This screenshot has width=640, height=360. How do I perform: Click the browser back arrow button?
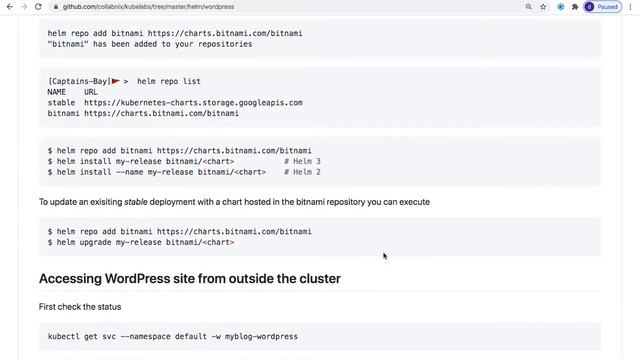pos(8,6)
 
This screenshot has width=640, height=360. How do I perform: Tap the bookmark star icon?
pos(542,6)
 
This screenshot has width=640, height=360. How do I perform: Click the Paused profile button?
pos(603,6)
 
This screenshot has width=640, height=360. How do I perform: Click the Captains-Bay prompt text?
pos(78,81)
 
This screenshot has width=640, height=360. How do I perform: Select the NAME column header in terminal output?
pos(56,92)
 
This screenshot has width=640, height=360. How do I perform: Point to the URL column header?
pos(91,92)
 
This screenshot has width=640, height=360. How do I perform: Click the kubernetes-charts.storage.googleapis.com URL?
pos(193,102)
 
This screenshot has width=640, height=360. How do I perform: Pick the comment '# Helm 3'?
pos(302,161)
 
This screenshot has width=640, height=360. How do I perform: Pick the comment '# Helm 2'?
pos(302,172)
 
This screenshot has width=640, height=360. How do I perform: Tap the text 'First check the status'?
pos(80,306)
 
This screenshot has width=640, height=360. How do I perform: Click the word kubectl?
pos(65,336)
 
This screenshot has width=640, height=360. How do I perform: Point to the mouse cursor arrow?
pos(384,256)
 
